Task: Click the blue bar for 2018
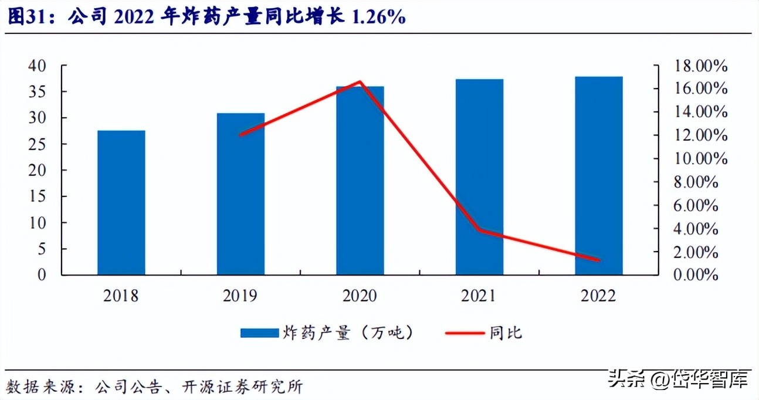click(121, 202)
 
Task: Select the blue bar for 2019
click(240, 194)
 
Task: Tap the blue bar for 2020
click(360, 181)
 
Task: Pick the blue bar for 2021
click(479, 177)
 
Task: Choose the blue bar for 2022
click(598, 175)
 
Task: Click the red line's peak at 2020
click(360, 82)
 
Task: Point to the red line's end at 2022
click(598, 260)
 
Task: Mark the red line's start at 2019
click(240, 134)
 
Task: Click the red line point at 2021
click(479, 230)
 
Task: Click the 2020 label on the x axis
click(360, 296)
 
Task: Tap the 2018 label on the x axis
click(121, 296)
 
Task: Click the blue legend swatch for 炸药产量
click(259, 333)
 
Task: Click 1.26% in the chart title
click(378, 17)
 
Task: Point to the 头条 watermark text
click(627, 379)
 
